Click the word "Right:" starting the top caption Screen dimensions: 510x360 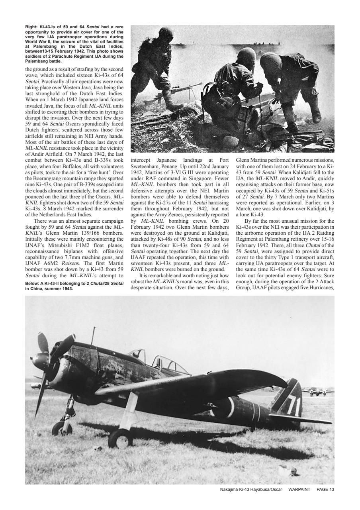coord(30,27)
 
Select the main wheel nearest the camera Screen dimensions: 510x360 coord(120,438)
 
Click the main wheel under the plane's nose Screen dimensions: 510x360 coord(62,428)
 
